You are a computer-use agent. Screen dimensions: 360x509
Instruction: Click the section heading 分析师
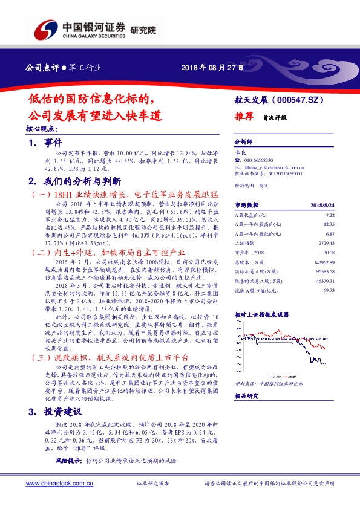(x=242, y=141)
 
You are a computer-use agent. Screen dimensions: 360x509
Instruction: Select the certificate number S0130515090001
(x=287, y=173)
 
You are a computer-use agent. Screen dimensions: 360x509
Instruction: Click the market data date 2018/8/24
(x=321, y=205)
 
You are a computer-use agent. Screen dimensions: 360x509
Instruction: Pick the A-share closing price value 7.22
(x=330, y=215)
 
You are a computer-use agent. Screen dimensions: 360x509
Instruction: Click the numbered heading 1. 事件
(x=45, y=143)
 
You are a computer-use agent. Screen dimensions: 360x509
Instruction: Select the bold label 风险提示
(x=68, y=461)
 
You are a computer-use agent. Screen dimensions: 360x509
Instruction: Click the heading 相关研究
(x=246, y=395)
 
